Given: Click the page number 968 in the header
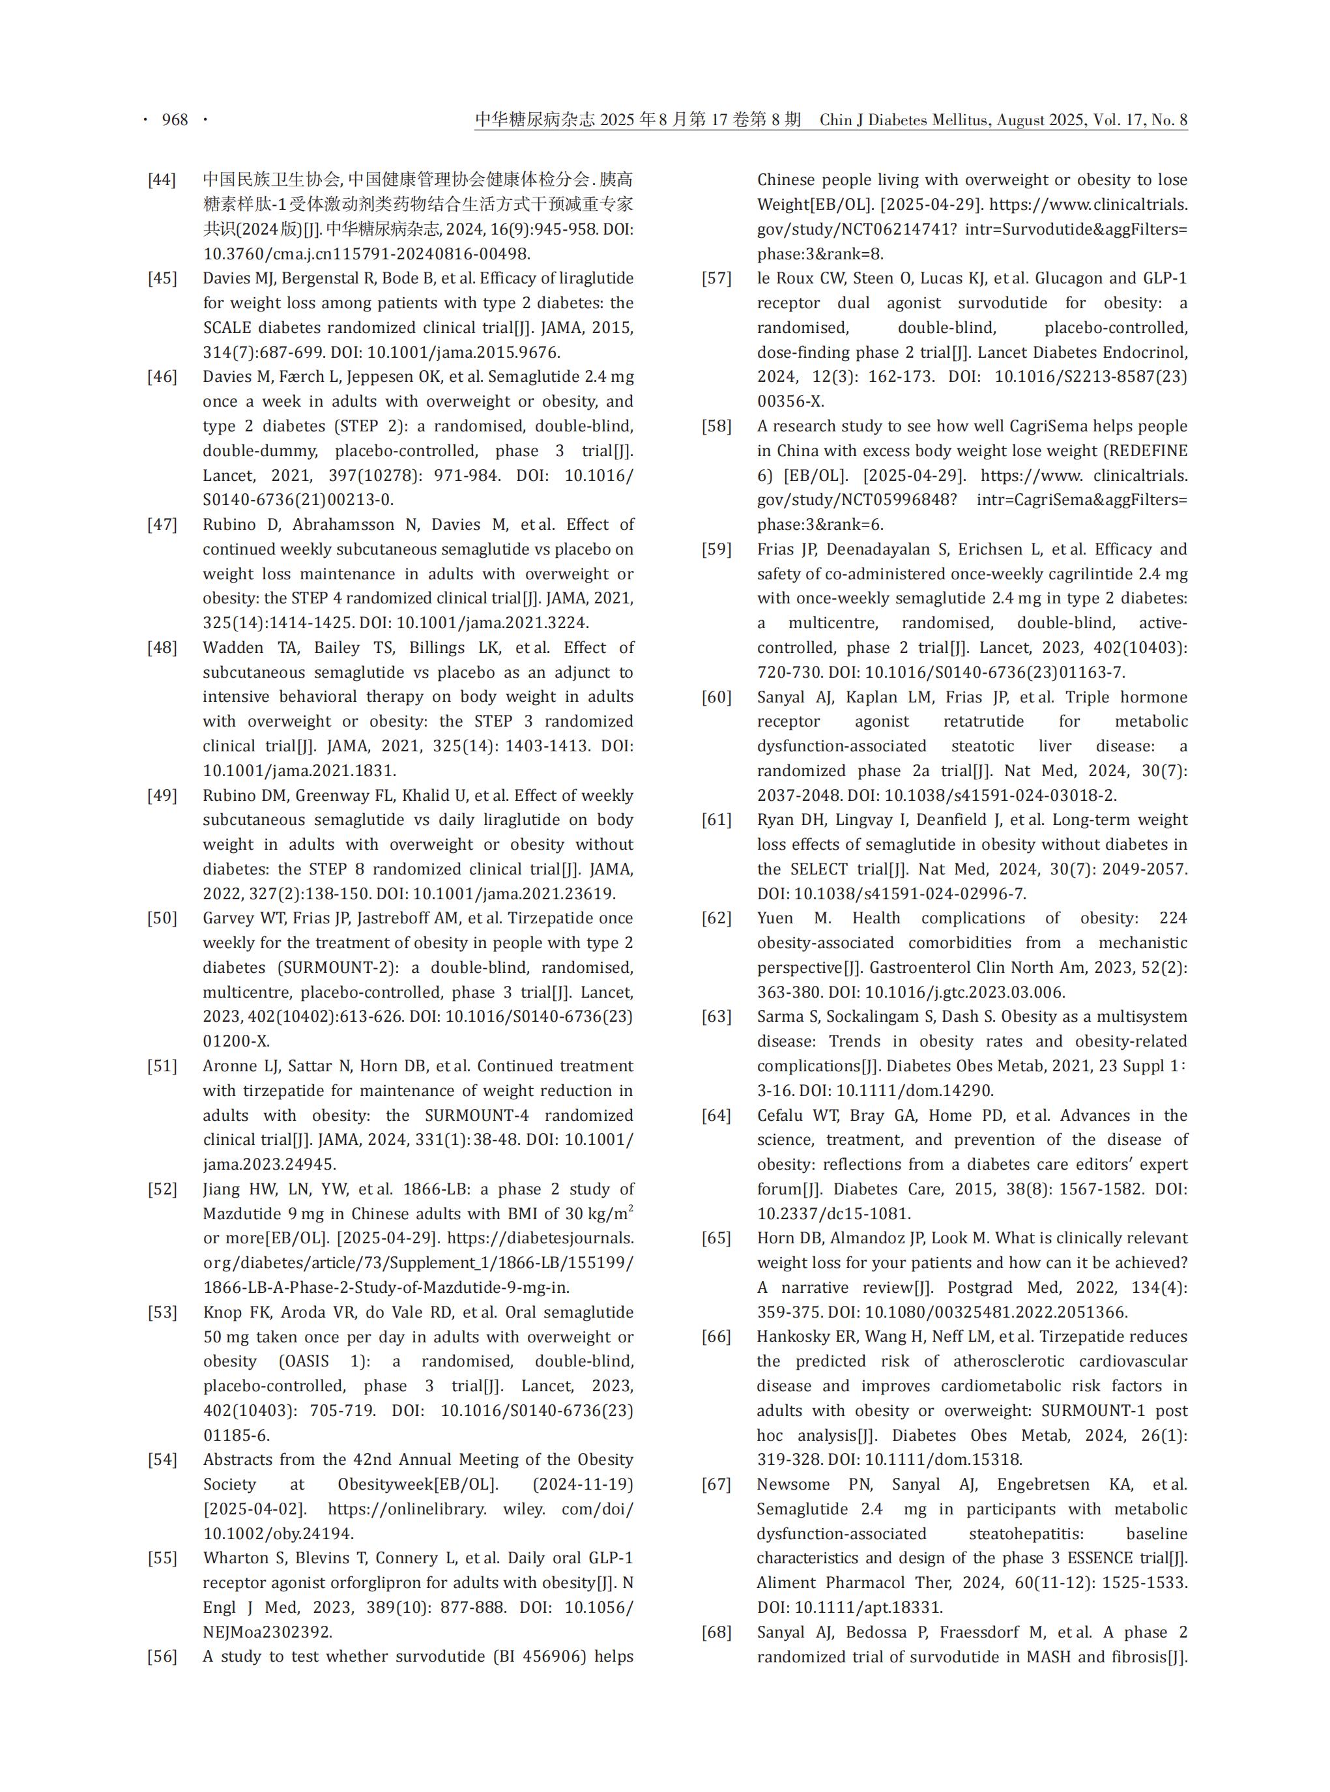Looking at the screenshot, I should pyautogui.click(x=175, y=120).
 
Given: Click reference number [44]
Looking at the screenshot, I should pyautogui.click(x=162, y=179).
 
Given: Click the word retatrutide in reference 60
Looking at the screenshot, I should pyautogui.click(x=984, y=721).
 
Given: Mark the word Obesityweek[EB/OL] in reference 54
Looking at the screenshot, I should pyautogui.click(x=418, y=1484).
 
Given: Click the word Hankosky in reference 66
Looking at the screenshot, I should pyautogui.click(x=791, y=1337).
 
